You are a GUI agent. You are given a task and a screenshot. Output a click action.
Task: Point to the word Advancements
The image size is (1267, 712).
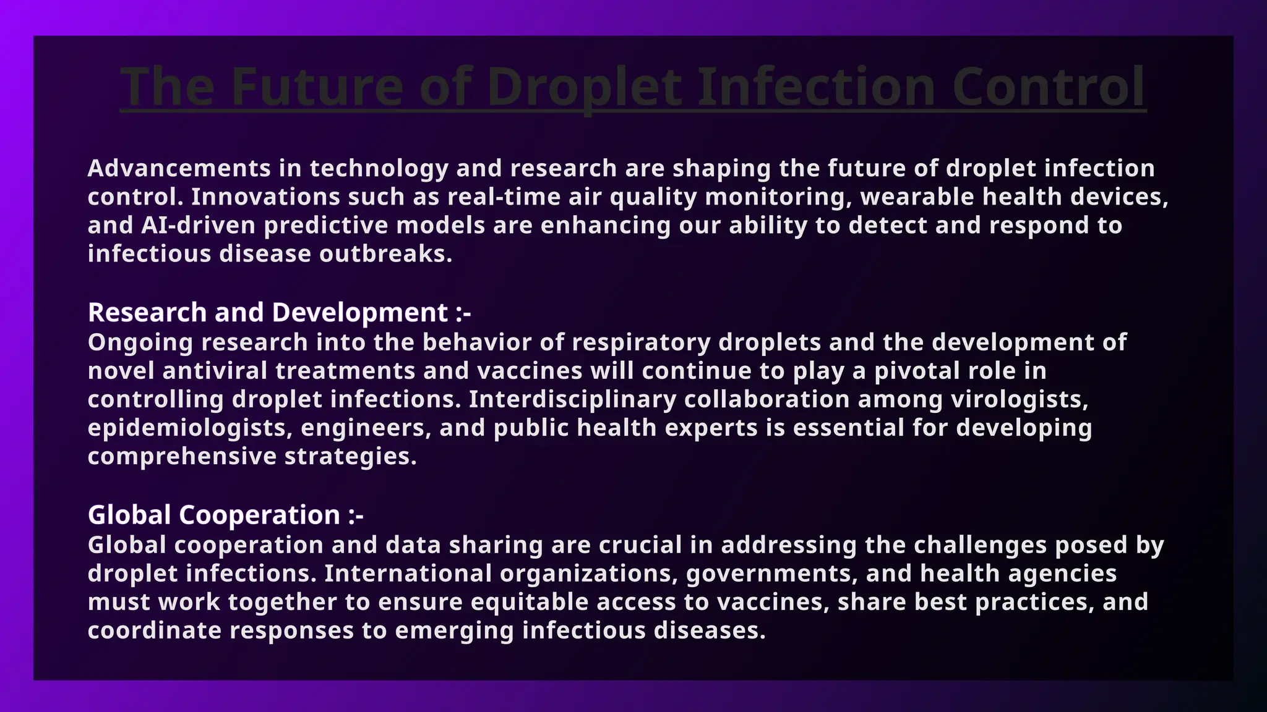coord(179,168)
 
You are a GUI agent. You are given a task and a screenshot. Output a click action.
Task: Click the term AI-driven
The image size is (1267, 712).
coord(198,225)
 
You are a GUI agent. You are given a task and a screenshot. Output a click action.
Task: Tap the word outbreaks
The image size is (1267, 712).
coord(385,253)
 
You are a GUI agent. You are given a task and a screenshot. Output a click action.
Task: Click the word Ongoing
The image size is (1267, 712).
coord(140,342)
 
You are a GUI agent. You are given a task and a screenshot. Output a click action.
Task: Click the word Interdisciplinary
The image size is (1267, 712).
coord(572,399)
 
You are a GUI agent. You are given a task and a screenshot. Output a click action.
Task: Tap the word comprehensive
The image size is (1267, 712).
coord(182,456)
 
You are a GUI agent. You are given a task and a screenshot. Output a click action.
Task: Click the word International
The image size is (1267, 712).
coord(408,574)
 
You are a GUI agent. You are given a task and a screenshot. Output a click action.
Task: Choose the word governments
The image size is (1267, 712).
coord(771,574)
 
